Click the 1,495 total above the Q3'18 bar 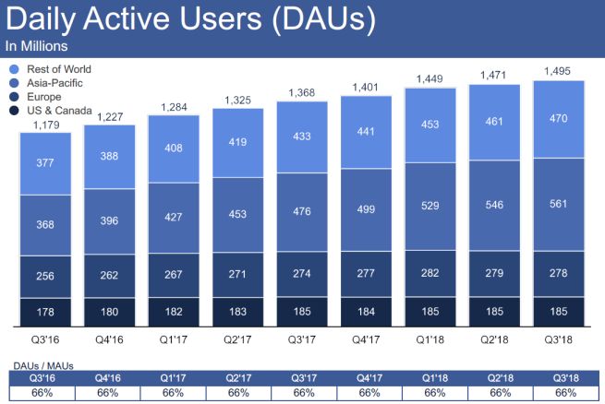[557, 72]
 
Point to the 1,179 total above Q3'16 [45, 125]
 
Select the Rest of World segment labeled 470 [557, 119]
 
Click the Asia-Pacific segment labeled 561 [557, 205]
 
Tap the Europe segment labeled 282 [429, 274]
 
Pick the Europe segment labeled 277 [365, 274]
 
